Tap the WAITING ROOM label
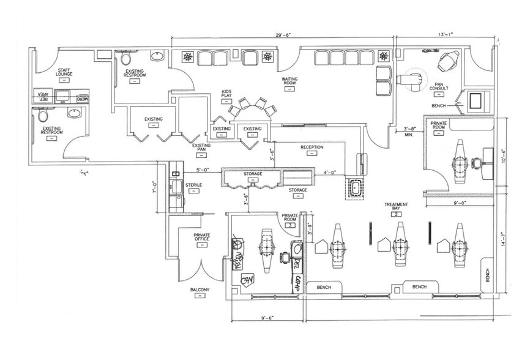point(289,81)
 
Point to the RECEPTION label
point(312,148)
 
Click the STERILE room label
point(194,184)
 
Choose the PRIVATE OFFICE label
point(202,237)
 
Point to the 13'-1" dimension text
point(445,36)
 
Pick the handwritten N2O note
point(247,282)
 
